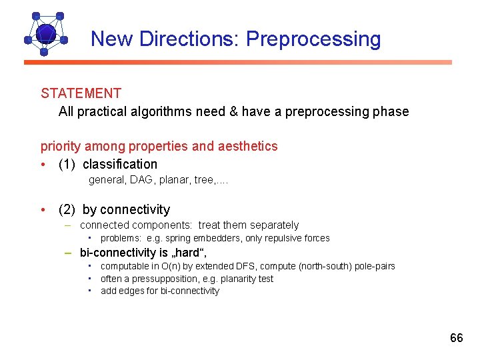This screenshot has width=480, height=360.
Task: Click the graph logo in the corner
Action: (45, 33)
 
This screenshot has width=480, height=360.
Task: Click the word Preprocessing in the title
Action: (313, 39)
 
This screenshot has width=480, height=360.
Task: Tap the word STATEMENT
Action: (81, 94)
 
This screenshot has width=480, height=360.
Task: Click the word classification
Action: (120, 164)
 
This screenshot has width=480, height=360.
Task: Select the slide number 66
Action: (456, 338)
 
